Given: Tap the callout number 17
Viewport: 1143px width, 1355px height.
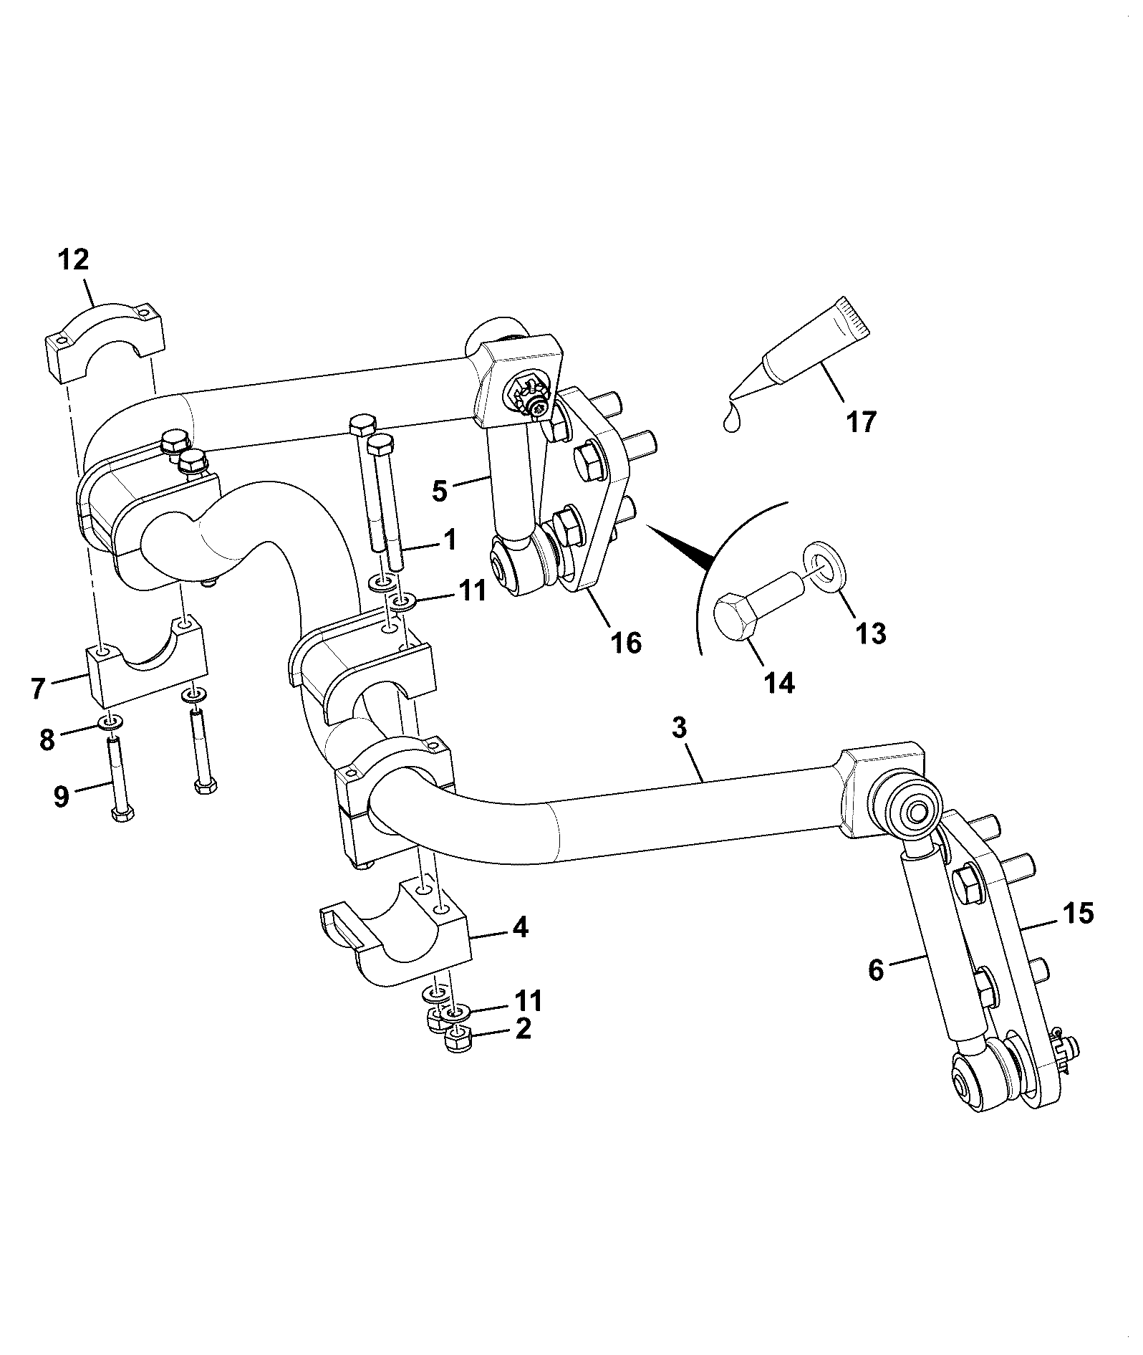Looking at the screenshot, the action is [x=862, y=422].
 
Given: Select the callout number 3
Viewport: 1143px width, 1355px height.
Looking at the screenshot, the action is [x=680, y=728].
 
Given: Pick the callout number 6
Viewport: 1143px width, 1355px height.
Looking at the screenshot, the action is [x=877, y=970].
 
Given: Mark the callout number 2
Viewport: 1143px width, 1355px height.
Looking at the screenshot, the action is [x=524, y=1030].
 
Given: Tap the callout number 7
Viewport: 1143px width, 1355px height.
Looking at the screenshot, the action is [x=39, y=689].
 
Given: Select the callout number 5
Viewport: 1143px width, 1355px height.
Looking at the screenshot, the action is [x=440, y=491].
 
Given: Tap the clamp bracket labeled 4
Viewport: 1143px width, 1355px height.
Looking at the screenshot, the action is [x=394, y=932].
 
